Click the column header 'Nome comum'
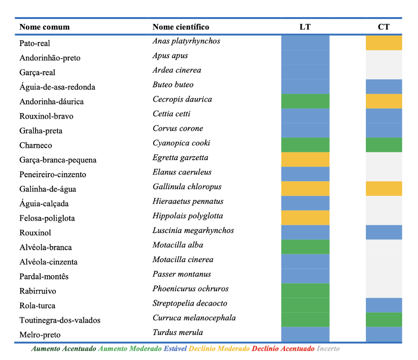44,27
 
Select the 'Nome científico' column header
181,27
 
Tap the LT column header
305,27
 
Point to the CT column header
383,27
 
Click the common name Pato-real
35,43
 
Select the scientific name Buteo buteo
173,84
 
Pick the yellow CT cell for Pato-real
384,43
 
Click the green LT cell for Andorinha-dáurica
305,102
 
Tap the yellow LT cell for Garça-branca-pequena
305,160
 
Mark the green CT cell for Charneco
384,145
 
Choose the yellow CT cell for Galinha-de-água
384,188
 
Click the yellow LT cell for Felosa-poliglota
305,218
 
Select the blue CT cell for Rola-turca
384,305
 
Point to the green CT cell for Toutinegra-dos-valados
384,320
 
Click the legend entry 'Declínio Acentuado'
283,348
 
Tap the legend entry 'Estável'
175,348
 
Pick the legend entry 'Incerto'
328,348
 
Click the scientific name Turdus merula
178,332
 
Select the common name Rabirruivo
38,291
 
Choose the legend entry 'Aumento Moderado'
130,348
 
